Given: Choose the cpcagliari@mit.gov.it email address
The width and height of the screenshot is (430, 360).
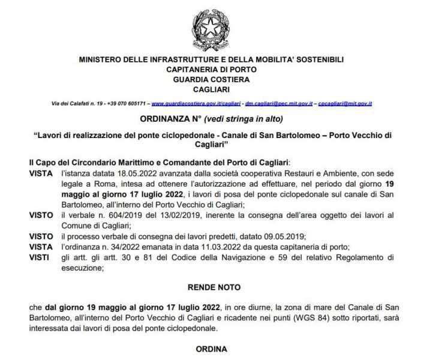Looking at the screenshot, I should [x=345, y=104].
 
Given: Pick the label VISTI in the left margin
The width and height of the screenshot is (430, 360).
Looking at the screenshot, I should [x=38, y=257].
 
